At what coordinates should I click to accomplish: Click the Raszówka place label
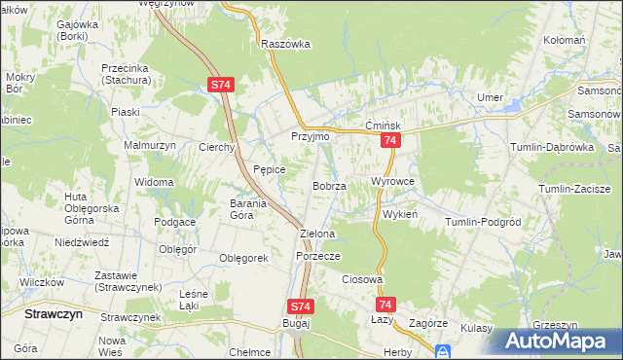pos(285,44)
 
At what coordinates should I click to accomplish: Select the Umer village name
pos(488,97)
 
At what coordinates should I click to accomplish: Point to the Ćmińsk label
pos(384,126)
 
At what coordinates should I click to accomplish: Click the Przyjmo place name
pos(311,137)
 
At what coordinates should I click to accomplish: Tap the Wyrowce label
pos(393,182)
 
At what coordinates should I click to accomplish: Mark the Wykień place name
pos(400,214)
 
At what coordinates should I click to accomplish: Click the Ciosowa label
pos(360,279)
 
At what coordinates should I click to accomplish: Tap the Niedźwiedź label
pos(79,241)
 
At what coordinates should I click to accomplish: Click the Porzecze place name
pos(317,256)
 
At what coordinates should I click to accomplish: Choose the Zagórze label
pos(428,323)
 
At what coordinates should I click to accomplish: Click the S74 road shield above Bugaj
pos(302,306)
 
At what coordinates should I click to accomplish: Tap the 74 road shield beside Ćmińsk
pos(389,142)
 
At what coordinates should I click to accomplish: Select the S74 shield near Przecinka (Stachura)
pos(220,86)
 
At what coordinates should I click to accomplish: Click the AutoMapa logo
pos(559,341)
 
